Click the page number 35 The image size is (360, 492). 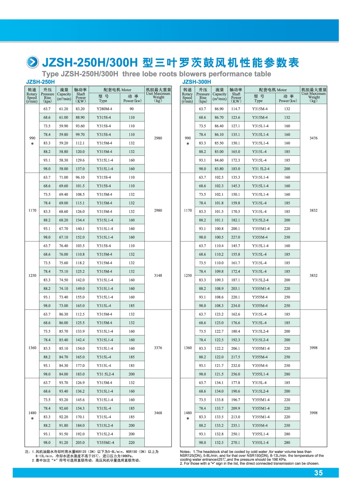coord(318,473)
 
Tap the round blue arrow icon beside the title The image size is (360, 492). coord(33,63)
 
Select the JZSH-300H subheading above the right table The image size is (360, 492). coord(196,82)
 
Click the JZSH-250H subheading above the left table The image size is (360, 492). coord(41,82)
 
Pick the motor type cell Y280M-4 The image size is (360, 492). coord(104,109)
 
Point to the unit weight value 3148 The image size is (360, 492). coord(158,275)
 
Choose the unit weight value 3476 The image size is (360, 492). coord(313,138)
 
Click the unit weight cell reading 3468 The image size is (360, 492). coord(158,413)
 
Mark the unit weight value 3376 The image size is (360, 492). coord(158,348)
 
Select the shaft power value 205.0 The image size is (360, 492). coord(80,442)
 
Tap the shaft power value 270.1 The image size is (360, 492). coord(236,442)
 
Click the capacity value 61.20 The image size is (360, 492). coord(64,109)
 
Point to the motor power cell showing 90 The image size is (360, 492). coord(132,109)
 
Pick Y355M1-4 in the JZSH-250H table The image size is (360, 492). coord(105,442)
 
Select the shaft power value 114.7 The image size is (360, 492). coord(236,109)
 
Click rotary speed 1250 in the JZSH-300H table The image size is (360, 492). coord(188,275)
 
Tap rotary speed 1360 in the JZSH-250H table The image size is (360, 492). coord(32,348)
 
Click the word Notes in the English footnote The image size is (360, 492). coord(185,452)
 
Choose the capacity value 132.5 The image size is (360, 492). coord(219,442)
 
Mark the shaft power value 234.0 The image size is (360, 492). coord(236,305)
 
